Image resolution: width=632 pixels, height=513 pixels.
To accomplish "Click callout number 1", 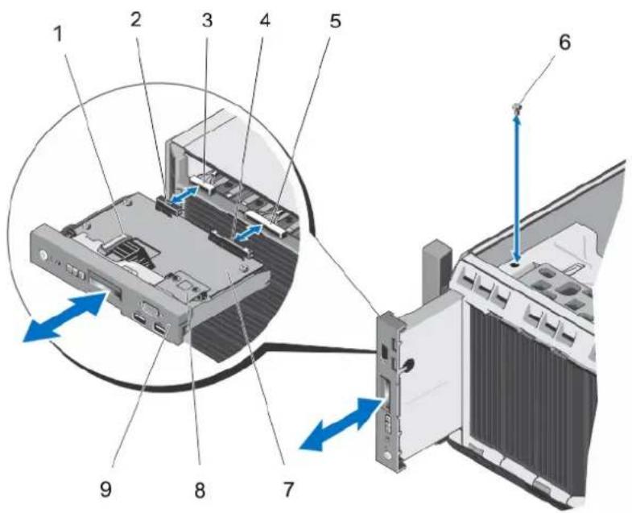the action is pyautogui.click(x=60, y=35).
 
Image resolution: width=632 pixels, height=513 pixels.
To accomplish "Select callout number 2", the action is pyautogui.click(x=136, y=19).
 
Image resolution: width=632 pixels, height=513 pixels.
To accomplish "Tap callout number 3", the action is pyautogui.click(x=207, y=20).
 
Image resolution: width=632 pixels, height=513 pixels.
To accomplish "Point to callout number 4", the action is pyautogui.click(x=264, y=20).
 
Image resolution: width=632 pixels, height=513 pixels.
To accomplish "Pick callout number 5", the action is pyautogui.click(x=335, y=21).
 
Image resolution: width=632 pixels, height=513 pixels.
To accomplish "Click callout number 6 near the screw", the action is pyautogui.click(x=564, y=42).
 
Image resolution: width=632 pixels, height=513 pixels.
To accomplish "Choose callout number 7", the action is pyautogui.click(x=287, y=489).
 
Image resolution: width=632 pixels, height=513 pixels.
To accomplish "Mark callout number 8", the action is pyautogui.click(x=200, y=490).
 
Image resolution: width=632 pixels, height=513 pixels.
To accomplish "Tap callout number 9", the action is pyautogui.click(x=105, y=490).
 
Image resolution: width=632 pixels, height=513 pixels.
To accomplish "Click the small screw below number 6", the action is pyautogui.click(x=518, y=107).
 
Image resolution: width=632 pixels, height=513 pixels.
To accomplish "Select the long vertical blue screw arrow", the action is pyautogui.click(x=517, y=188).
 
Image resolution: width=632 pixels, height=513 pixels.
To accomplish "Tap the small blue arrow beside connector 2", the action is pyautogui.click(x=184, y=194).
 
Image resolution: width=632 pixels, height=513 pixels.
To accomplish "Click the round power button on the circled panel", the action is pyautogui.click(x=43, y=256).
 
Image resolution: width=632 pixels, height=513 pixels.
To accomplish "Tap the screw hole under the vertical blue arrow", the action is pyautogui.click(x=514, y=266).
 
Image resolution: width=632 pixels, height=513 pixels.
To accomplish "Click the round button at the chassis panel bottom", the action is pyautogui.click(x=387, y=456).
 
